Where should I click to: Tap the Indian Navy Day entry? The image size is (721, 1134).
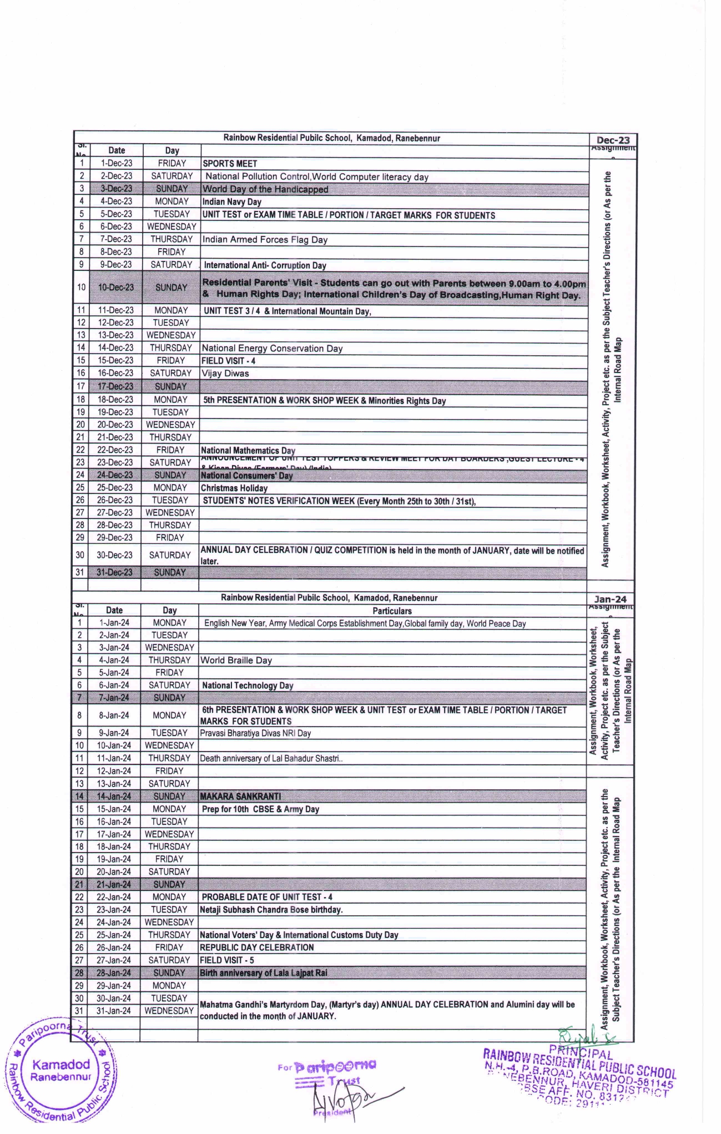231,202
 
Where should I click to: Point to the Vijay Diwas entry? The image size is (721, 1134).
225,374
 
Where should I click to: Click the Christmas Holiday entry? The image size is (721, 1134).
234,488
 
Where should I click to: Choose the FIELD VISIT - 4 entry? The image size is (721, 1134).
228,361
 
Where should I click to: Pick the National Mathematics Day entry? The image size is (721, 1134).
248,451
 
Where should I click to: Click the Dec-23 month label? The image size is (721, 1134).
613,140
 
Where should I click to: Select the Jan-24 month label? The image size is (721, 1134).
610,599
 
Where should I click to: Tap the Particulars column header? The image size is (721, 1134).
392,611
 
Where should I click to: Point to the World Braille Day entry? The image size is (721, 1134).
236,661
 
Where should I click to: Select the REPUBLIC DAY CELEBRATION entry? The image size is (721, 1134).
256,947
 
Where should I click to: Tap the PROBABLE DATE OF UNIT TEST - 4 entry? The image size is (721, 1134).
267,897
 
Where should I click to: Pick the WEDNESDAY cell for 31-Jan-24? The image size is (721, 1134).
169,1011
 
